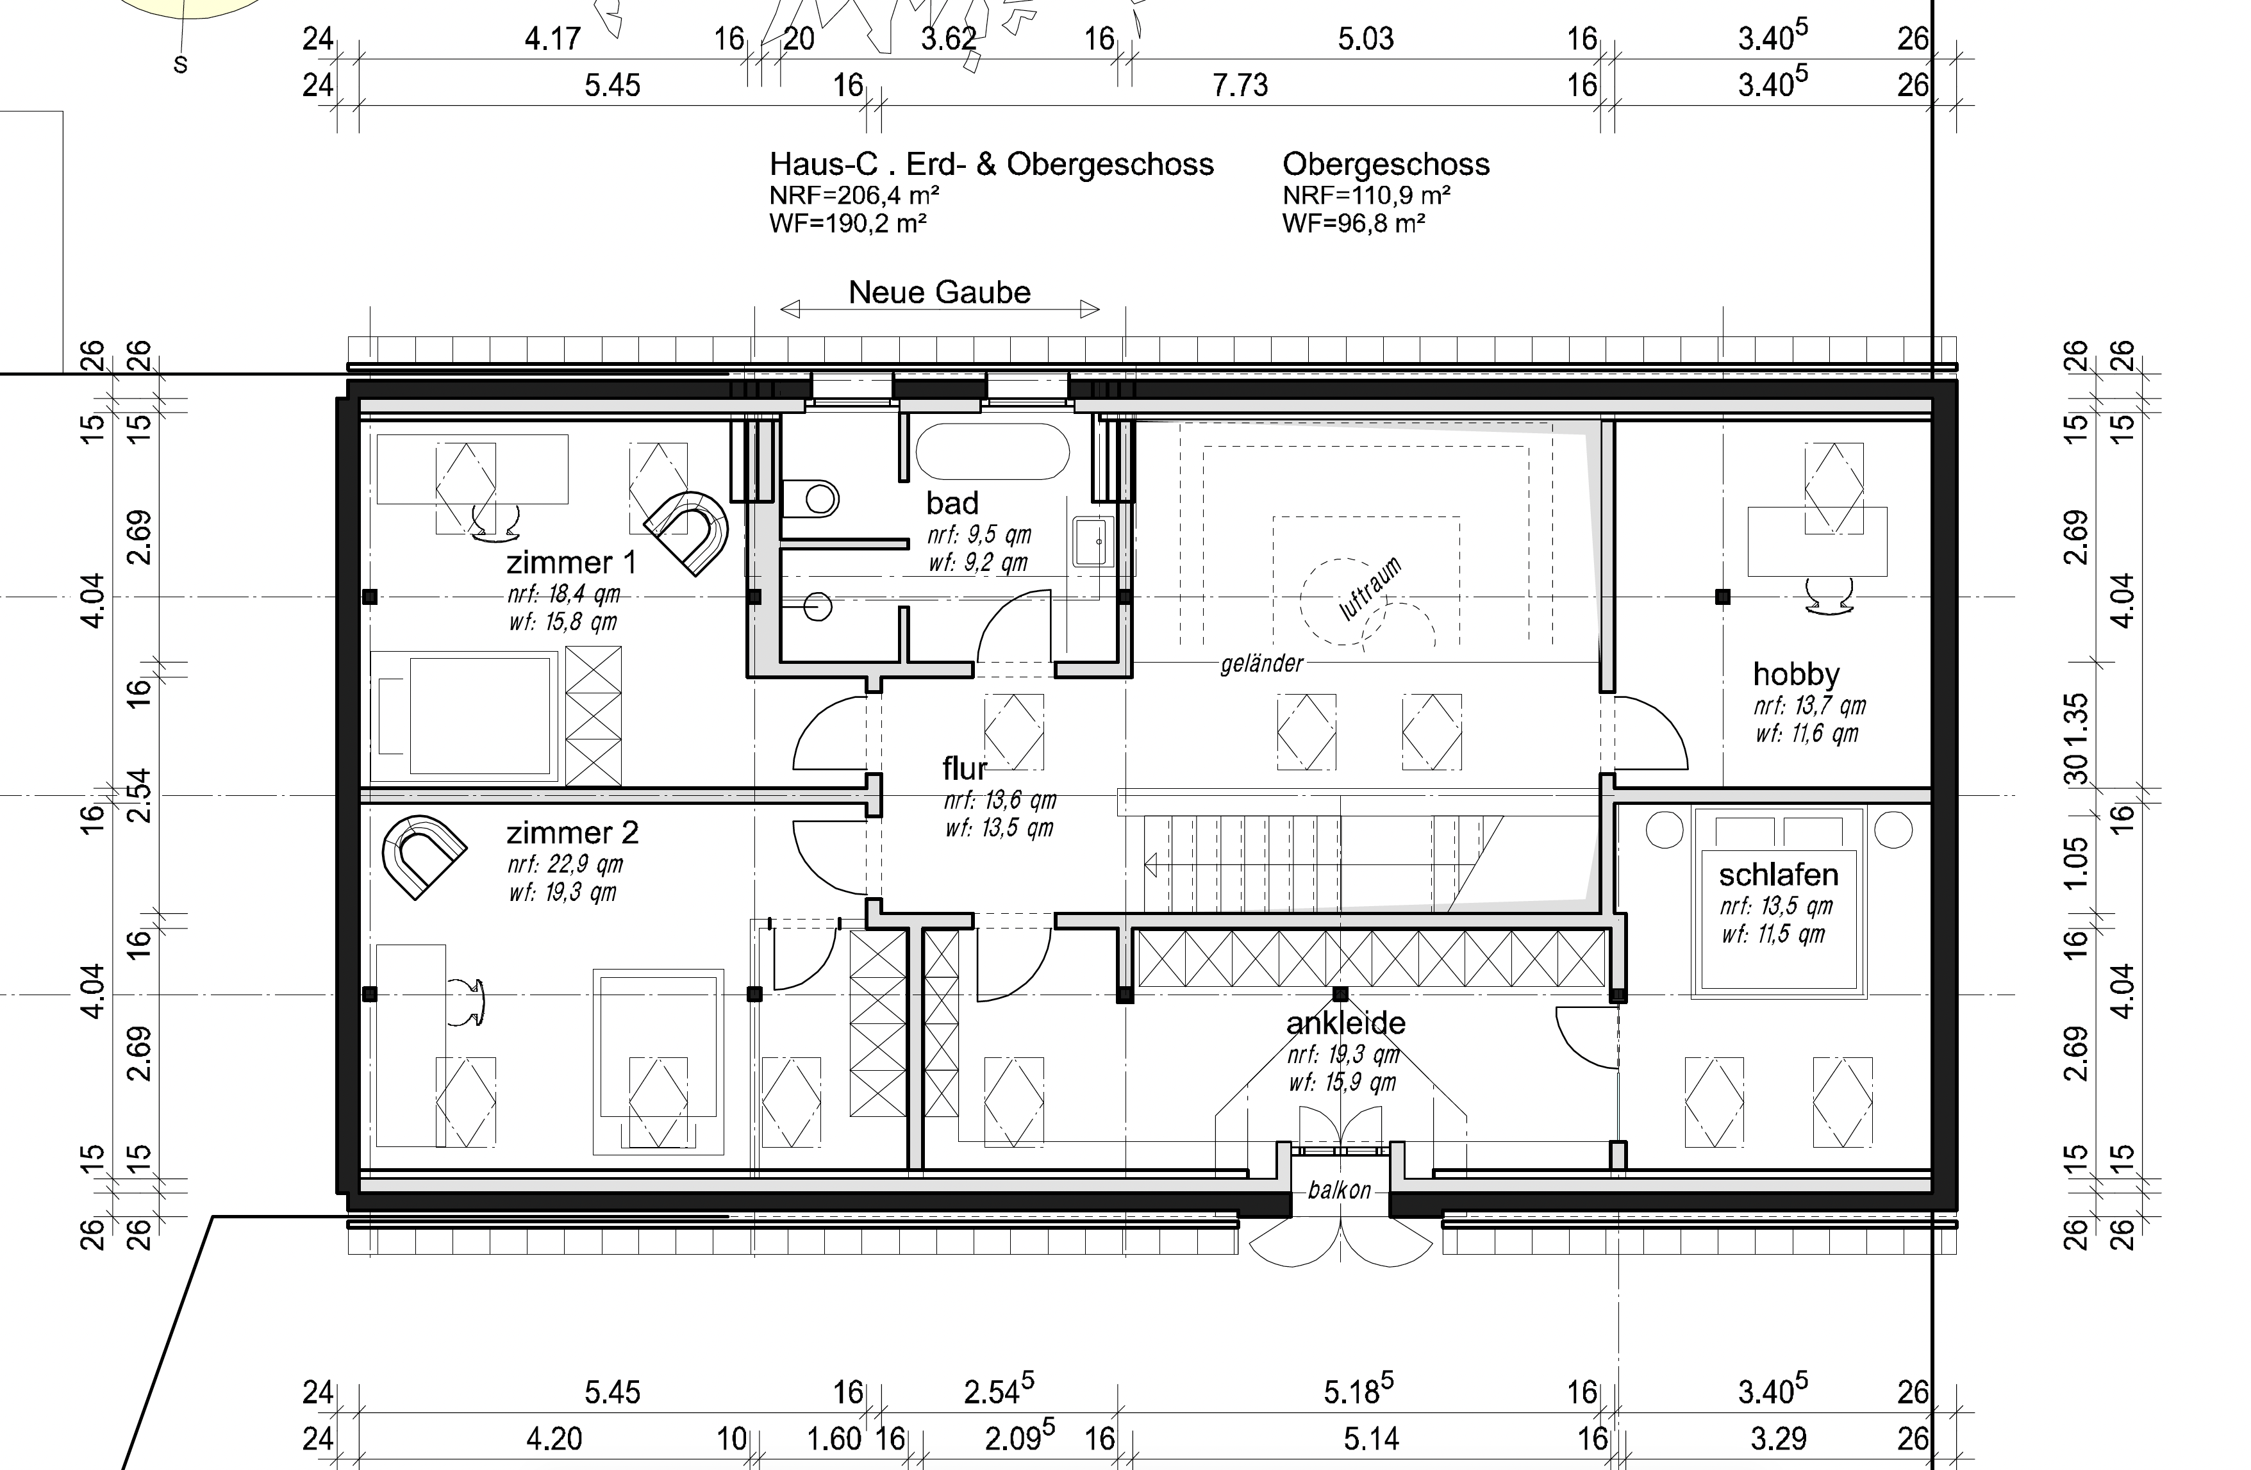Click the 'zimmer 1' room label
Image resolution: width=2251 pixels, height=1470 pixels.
(571, 563)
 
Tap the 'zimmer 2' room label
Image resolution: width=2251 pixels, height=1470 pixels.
(572, 833)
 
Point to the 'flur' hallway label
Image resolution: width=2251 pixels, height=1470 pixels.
(965, 768)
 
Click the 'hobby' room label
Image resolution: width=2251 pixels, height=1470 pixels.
(1796, 674)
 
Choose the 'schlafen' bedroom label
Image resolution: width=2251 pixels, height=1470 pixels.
(1778, 875)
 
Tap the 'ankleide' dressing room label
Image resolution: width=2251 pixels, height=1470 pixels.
(1346, 1023)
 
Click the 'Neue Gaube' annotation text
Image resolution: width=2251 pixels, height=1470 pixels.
(939, 292)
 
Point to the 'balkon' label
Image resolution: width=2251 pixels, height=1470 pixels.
(1339, 1190)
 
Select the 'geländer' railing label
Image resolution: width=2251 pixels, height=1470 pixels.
(1261, 664)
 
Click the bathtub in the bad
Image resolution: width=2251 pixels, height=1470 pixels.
(992, 451)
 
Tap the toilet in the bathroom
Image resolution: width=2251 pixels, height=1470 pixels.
(811, 497)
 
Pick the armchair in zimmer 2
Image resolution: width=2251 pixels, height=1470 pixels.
(424, 855)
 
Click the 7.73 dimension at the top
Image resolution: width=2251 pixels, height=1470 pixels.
(1240, 85)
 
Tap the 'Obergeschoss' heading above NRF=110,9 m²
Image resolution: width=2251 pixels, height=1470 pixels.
(1386, 165)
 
